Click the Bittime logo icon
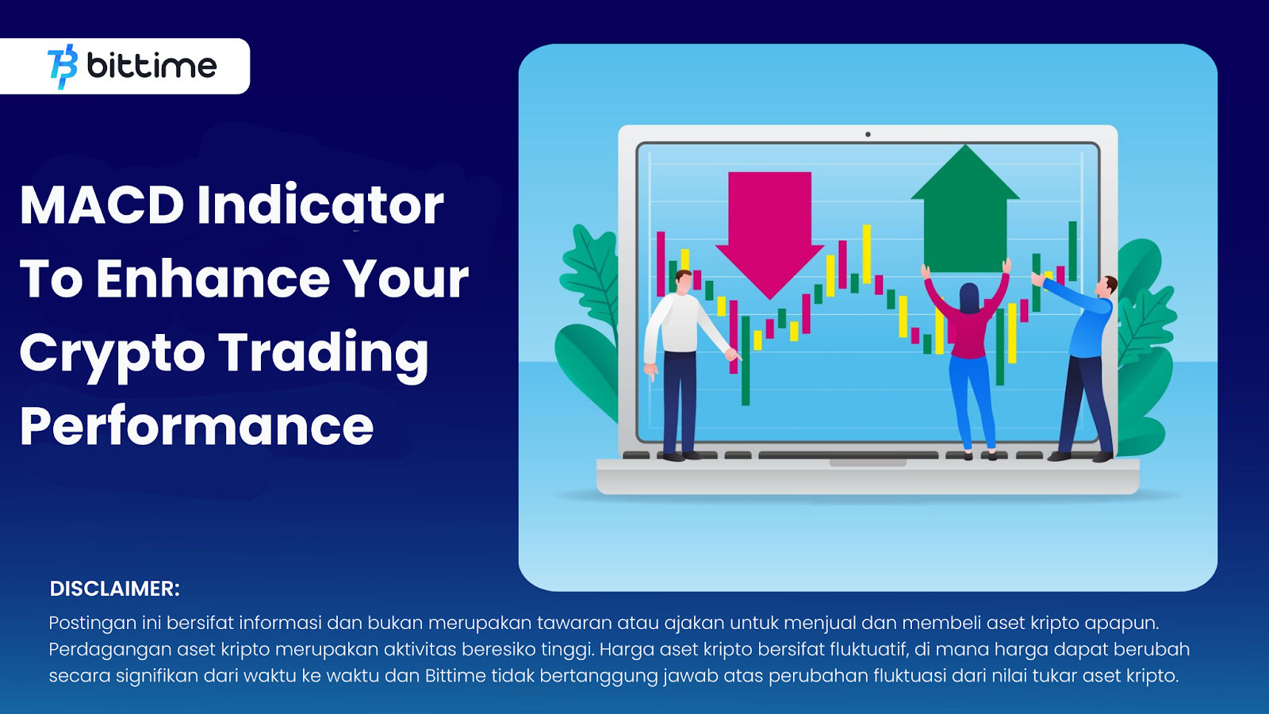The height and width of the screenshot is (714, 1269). pos(63,67)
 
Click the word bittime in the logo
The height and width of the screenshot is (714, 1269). pos(151,66)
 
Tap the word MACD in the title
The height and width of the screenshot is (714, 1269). pos(102,205)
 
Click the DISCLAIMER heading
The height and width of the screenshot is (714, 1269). pos(114,589)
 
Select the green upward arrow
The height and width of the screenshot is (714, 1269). pos(965,208)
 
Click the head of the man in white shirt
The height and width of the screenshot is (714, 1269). pos(684,282)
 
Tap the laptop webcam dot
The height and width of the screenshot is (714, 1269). pos(868,134)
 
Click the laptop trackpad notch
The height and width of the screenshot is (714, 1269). pos(868,463)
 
